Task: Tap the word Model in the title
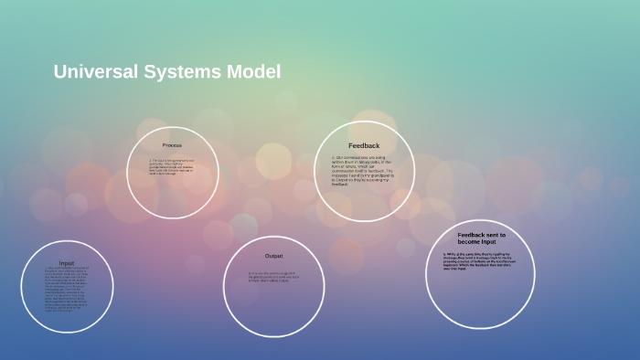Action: pyautogui.click(x=256, y=72)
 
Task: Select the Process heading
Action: pyautogui.click(x=172, y=145)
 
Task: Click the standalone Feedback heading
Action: pyautogui.click(x=363, y=145)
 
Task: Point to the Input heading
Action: pyautogui.click(x=67, y=263)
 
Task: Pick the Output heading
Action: pyautogui.click(x=273, y=256)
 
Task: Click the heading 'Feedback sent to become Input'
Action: pyautogui.click(x=481, y=238)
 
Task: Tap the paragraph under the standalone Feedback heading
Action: pyautogui.click(x=363, y=170)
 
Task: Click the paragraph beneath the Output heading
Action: pyautogui.click(x=274, y=276)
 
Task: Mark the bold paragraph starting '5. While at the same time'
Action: pyautogui.click(x=481, y=261)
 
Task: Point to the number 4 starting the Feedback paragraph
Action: pyautogui.click(x=333, y=157)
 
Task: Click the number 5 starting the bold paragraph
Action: pyautogui.click(x=444, y=254)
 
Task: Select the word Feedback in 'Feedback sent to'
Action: pyautogui.click(x=472, y=235)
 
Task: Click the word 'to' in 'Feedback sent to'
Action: pyautogui.click(x=503, y=235)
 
